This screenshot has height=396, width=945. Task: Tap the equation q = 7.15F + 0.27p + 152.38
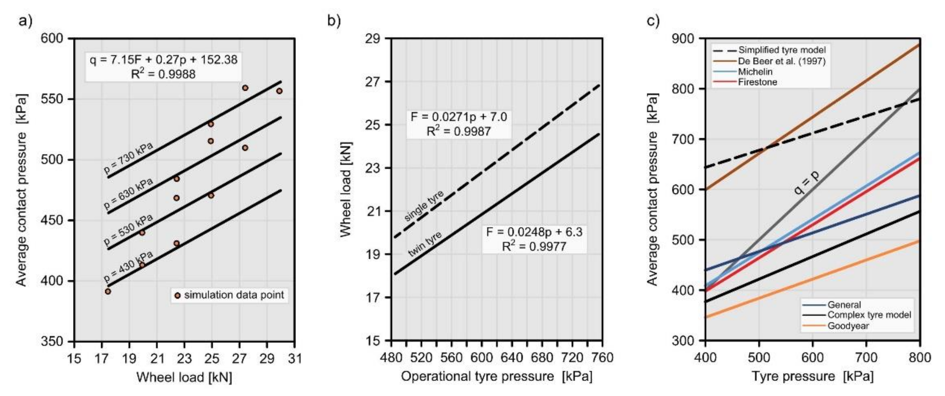(164, 60)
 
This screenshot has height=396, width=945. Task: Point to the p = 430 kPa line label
(128, 264)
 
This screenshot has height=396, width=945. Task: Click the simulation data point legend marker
(178, 295)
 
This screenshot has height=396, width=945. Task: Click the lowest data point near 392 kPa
(108, 291)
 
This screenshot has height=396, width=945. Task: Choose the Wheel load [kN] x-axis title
(184, 377)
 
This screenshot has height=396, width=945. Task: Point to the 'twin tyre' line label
(425, 244)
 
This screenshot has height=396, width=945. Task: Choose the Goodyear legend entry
(848, 326)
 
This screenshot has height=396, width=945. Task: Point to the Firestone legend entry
(758, 82)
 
